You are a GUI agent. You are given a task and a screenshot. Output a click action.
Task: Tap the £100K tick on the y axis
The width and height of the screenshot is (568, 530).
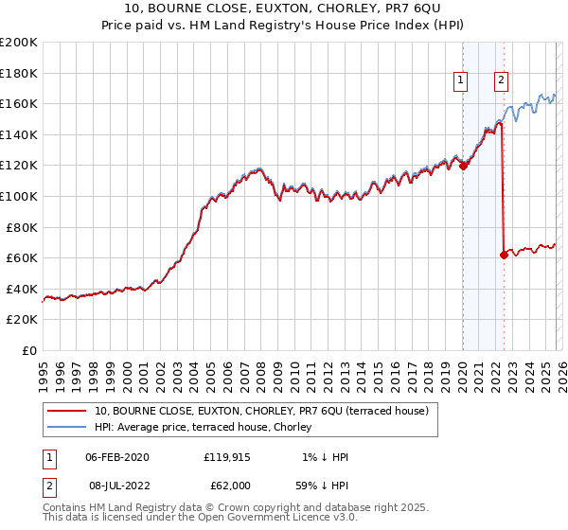(19, 196)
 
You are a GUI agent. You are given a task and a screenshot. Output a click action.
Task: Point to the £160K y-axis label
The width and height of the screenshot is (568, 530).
(19, 103)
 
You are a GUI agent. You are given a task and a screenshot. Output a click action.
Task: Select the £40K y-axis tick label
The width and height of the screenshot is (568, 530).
(22, 289)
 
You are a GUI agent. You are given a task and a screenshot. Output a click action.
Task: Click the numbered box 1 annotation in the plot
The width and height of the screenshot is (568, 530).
(461, 81)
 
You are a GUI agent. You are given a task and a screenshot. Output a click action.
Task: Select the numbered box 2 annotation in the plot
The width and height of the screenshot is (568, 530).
(500, 81)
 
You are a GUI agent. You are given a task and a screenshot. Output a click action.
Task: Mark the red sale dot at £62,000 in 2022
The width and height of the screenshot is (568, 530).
(504, 255)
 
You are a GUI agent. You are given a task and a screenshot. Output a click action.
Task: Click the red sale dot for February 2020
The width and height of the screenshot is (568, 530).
(463, 166)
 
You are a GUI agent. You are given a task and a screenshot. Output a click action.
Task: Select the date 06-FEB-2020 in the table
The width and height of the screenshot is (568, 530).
(116, 457)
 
